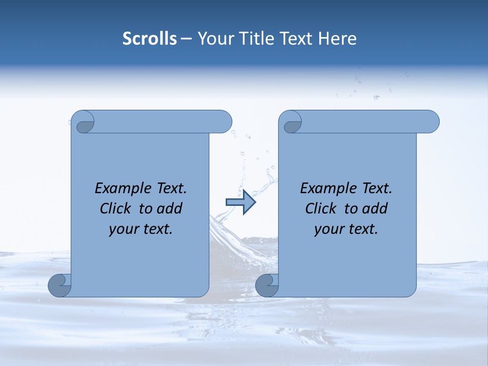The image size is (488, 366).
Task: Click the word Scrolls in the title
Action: (x=149, y=39)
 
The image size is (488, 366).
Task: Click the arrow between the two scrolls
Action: (x=240, y=202)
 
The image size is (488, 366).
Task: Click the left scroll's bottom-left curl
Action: (x=60, y=285)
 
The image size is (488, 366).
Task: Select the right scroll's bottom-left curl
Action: (x=267, y=285)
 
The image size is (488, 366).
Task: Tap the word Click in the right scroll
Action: (x=321, y=209)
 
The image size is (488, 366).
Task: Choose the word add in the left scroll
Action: (x=170, y=209)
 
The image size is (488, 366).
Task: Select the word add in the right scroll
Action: (x=375, y=209)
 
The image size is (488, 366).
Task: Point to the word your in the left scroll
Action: (x=123, y=229)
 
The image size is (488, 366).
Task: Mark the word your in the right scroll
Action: (x=328, y=229)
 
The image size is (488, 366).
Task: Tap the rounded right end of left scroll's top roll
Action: (x=224, y=121)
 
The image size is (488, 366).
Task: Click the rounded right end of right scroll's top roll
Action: (x=431, y=121)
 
